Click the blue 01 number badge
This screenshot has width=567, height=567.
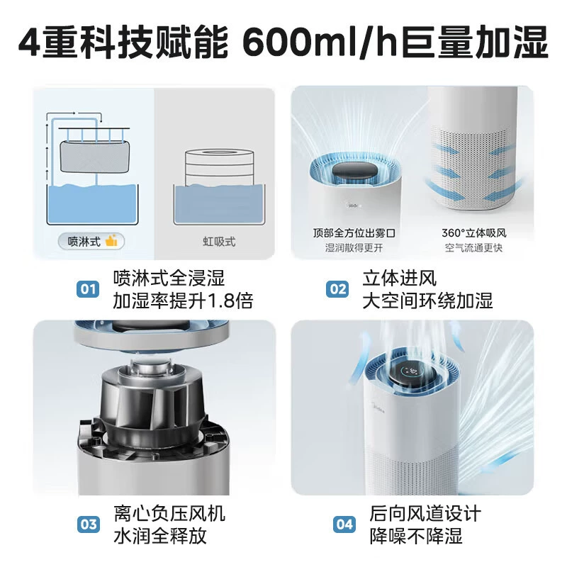[x=87, y=289]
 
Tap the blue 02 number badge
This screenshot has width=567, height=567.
[x=337, y=289]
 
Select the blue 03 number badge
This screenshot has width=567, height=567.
[x=88, y=524]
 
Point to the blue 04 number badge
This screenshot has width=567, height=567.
[x=344, y=524]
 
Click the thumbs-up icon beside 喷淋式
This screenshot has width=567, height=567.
[x=111, y=240]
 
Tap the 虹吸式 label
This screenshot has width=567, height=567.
[x=219, y=242]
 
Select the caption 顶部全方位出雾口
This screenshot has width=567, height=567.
[x=354, y=233]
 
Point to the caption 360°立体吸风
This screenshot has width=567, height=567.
[x=473, y=233]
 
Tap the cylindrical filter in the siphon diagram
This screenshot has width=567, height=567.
[x=219, y=167]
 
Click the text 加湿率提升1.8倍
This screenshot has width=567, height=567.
[x=183, y=301]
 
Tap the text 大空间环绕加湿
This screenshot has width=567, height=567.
[x=428, y=301]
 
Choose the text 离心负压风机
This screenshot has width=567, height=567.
[x=169, y=513]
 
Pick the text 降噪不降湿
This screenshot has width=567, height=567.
[x=416, y=536]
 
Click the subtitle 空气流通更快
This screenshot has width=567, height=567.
[x=473, y=248]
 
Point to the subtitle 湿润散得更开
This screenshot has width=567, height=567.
[x=354, y=248]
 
